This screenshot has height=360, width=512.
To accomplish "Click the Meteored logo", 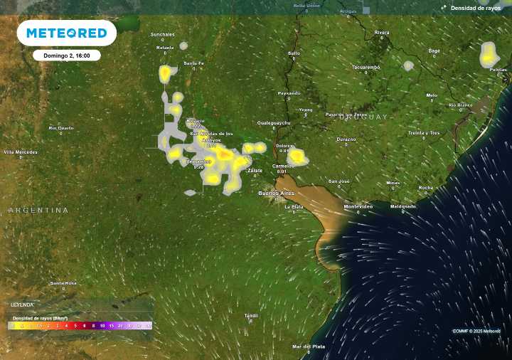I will click(x=66, y=33).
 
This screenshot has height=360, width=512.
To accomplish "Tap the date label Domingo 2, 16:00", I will click(x=66, y=55).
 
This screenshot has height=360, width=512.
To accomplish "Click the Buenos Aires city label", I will click(x=277, y=193).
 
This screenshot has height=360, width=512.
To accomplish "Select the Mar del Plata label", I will click(x=308, y=346).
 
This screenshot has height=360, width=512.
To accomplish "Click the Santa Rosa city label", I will click(x=63, y=283).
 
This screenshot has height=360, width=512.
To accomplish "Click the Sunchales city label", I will click(x=162, y=34).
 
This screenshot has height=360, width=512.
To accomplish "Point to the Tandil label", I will click(x=251, y=315).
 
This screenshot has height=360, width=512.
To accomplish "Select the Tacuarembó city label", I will click(x=366, y=67).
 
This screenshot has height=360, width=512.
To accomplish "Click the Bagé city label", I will click(x=434, y=51).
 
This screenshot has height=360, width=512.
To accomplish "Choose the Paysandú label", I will click(x=289, y=92).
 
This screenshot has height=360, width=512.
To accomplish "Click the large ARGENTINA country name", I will click(x=38, y=211).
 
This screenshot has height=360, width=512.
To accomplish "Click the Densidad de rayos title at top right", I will click(x=476, y=8).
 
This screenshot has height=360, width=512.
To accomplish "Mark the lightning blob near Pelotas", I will click(x=489, y=54).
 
